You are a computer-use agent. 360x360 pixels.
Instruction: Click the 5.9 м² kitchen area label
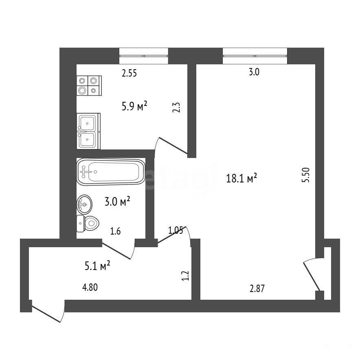click(x=134, y=106)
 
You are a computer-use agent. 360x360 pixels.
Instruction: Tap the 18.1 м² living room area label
click(x=241, y=178)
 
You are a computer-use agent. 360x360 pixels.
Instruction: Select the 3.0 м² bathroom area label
click(x=117, y=201)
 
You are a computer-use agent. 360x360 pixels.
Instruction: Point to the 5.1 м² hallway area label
click(x=97, y=266)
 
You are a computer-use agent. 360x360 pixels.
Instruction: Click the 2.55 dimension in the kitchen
click(x=129, y=73)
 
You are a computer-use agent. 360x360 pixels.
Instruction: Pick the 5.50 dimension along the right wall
click(x=306, y=175)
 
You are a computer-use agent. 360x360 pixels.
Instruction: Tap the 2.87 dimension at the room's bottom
click(x=257, y=289)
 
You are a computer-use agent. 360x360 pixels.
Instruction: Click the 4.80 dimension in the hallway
click(x=90, y=287)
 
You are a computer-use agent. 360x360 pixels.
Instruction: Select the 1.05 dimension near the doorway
click(x=176, y=230)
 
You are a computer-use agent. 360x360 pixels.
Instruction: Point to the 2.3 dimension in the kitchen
click(x=176, y=107)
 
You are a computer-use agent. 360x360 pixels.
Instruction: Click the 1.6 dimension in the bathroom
click(x=115, y=231)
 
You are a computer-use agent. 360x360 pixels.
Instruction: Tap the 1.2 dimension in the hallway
click(x=185, y=276)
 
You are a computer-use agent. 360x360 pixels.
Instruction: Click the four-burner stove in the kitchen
click(x=89, y=86)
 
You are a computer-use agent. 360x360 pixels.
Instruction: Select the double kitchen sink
click(x=89, y=131)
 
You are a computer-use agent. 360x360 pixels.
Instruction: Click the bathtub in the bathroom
click(x=111, y=172)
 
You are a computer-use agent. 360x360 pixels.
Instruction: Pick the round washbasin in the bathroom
click(x=84, y=204)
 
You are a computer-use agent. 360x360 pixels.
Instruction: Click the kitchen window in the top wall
click(x=144, y=56)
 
